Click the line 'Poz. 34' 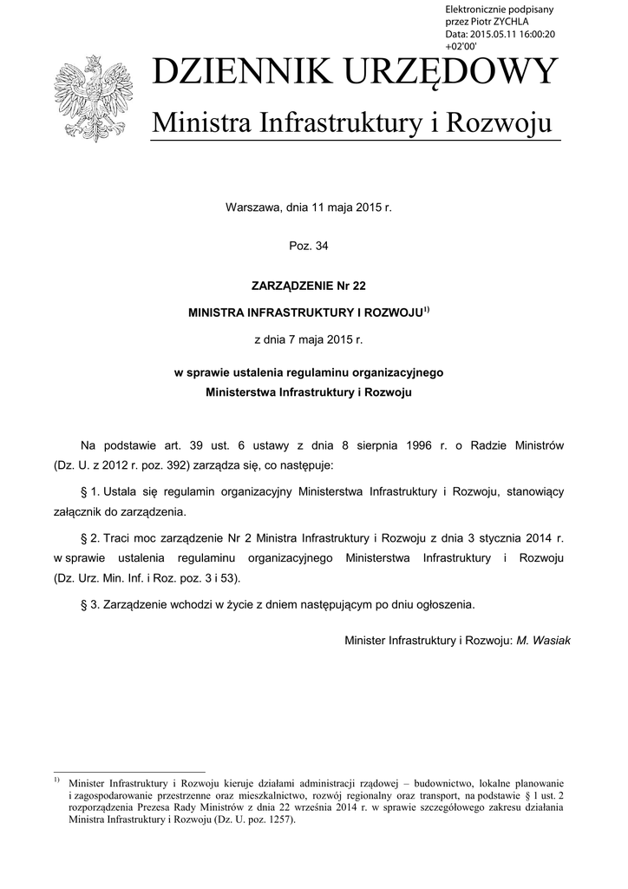pyautogui.click(x=309, y=246)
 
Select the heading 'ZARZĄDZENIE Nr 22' pyautogui.click(x=309, y=284)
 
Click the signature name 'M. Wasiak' pyautogui.click(x=544, y=640)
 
